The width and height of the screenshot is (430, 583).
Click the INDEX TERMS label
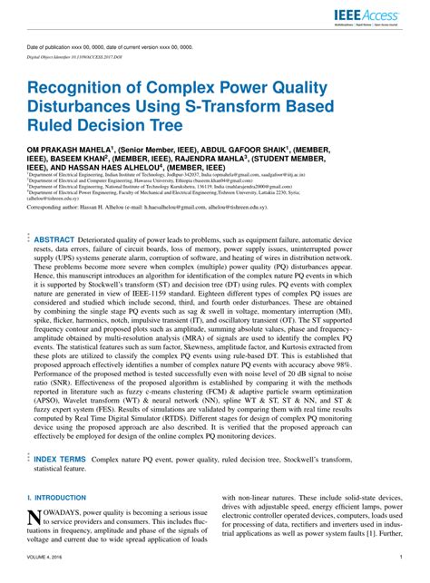click(x=63, y=460)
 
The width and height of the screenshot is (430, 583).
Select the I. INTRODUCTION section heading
click(x=57, y=497)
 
